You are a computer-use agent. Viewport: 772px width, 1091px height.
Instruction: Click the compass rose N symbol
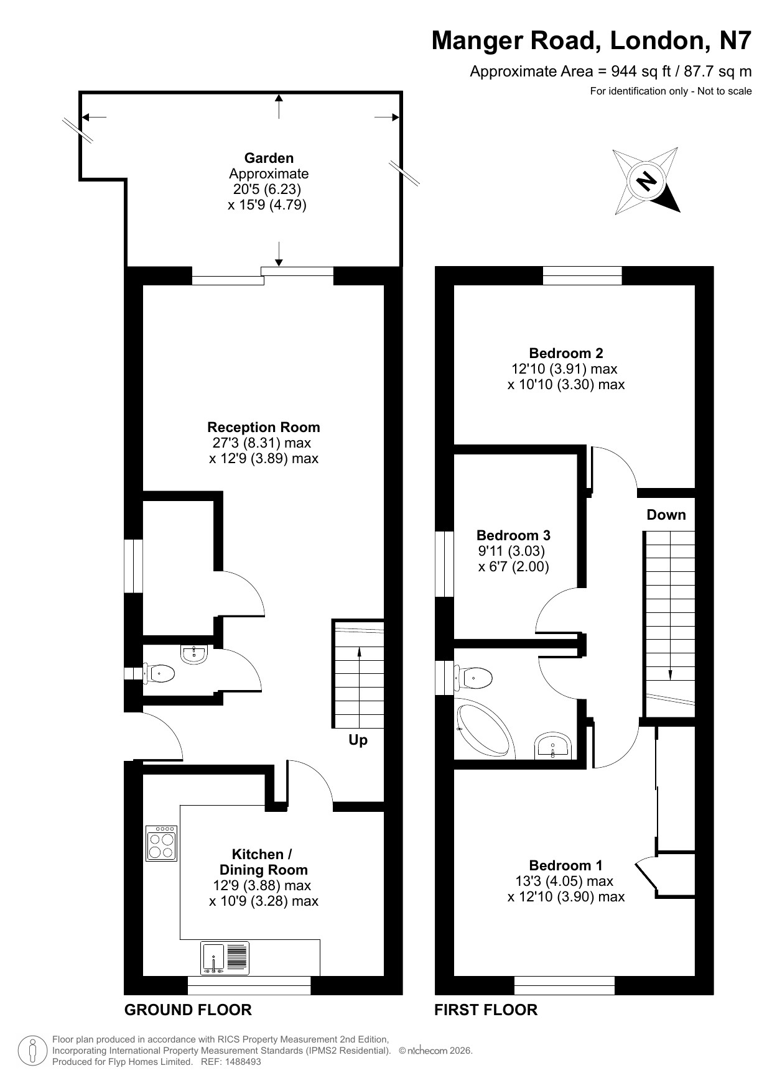pyautogui.click(x=646, y=181)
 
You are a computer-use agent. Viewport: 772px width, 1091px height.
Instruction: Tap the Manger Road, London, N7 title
pyautogui.click(x=592, y=41)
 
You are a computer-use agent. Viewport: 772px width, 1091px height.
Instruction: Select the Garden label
pyautogui.click(x=269, y=158)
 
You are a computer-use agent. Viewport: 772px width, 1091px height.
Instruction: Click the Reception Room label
pyautogui.click(x=264, y=427)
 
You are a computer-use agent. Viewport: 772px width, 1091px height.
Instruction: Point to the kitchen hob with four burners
pyautogui.click(x=162, y=843)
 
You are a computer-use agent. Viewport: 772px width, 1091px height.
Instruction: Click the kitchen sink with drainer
pyautogui.click(x=225, y=958)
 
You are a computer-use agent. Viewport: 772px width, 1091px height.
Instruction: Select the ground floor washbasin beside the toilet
pyautogui.click(x=195, y=655)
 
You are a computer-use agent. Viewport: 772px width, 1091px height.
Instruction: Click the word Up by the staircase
pyautogui.click(x=358, y=740)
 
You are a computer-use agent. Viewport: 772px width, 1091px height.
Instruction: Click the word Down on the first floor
pyautogui.click(x=666, y=515)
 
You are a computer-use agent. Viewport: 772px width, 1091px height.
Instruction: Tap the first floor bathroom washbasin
pyautogui.click(x=553, y=746)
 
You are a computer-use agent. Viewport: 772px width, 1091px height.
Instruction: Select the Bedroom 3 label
pyautogui.click(x=513, y=535)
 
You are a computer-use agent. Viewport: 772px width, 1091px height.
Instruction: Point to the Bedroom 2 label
pyautogui.click(x=566, y=353)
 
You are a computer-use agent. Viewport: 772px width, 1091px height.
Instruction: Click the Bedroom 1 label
pyautogui.click(x=565, y=865)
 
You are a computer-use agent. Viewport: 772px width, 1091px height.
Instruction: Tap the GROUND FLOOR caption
pyautogui.click(x=188, y=1010)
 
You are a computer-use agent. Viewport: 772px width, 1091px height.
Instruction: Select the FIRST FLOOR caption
pyautogui.click(x=486, y=1010)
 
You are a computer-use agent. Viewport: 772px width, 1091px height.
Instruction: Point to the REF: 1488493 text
pyautogui.click(x=231, y=1062)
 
